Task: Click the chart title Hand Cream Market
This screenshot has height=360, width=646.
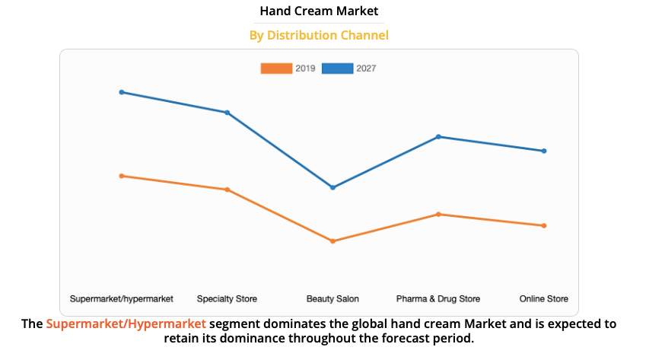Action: tap(319, 11)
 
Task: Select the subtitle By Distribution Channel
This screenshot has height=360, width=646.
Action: tap(319, 35)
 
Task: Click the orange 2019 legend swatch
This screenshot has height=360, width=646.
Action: tap(276, 68)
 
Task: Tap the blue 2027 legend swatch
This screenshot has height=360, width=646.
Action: tap(337, 68)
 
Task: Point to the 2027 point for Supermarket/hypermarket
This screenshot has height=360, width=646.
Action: tap(121, 92)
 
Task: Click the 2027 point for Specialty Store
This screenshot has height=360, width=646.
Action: tap(227, 113)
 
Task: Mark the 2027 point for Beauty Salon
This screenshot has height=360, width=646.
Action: tap(333, 187)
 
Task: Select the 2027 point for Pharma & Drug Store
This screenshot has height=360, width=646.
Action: tap(438, 137)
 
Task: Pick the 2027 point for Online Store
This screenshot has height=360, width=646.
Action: tap(544, 151)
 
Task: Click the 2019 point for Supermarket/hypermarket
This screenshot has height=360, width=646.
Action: tap(121, 176)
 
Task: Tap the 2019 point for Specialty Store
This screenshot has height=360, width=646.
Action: tap(227, 190)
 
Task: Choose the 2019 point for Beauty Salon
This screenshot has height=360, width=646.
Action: tap(333, 241)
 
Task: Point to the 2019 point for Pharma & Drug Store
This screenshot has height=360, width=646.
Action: tap(438, 215)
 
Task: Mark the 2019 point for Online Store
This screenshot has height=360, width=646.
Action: tap(544, 225)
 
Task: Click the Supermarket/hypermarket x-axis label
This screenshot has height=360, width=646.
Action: tap(122, 298)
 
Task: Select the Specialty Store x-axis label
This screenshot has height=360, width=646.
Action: tap(227, 298)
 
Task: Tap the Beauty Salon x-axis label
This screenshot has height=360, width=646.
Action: tap(333, 298)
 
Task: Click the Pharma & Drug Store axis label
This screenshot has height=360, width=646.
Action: tap(438, 298)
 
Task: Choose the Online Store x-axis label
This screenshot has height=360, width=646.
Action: tap(543, 298)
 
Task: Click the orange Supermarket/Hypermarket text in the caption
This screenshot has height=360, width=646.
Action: tap(126, 324)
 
